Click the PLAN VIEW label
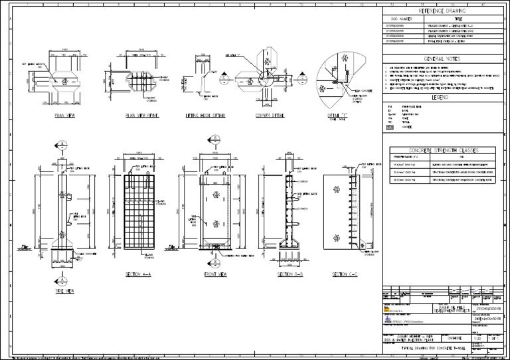[64, 115]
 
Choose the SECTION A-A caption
[138, 274]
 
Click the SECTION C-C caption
[345, 274]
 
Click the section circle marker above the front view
[214, 139]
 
